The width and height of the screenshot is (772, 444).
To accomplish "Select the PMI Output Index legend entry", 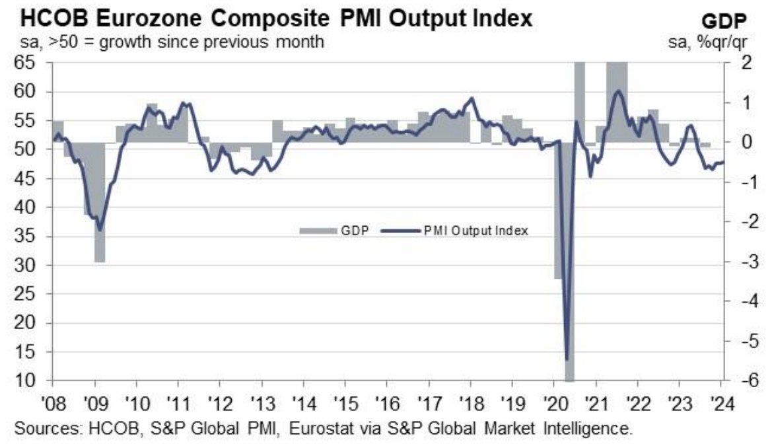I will coord(475,231).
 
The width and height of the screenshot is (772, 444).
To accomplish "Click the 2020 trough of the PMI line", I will coord(567,359).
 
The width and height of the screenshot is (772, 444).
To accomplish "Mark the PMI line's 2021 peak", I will coord(617,91).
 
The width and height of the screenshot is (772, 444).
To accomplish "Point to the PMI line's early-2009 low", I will coord(100,229).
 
